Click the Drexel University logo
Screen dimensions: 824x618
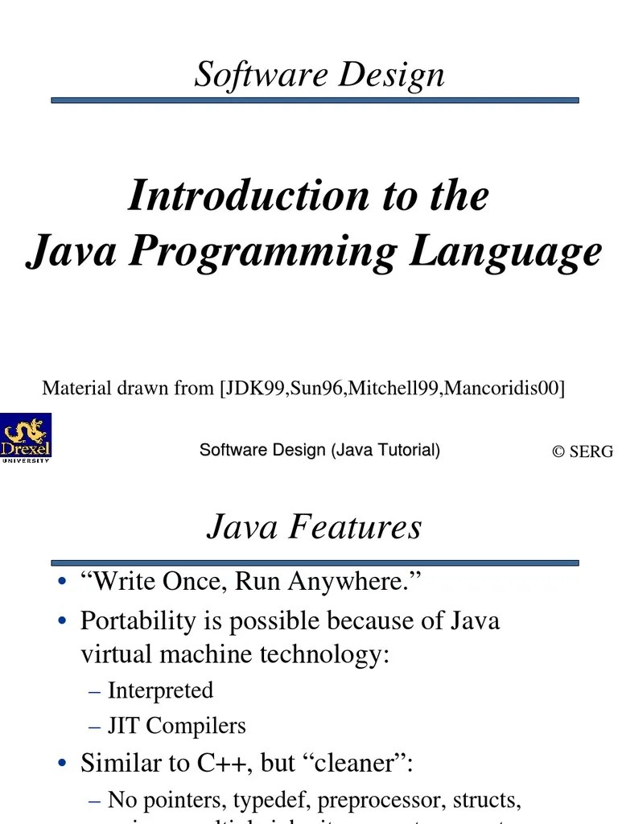[x=26, y=438]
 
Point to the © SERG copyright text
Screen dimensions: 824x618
[x=583, y=451]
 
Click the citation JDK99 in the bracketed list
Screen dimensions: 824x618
[x=253, y=389]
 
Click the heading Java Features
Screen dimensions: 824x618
[x=314, y=527]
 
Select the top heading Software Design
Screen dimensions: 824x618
[x=319, y=75]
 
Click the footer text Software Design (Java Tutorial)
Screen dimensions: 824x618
[x=319, y=451]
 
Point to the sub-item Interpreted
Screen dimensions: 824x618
[x=160, y=690]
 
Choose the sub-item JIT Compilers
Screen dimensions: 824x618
[x=176, y=726]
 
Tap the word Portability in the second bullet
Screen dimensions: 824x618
[x=138, y=620]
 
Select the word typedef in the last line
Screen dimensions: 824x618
[x=274, y=800]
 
